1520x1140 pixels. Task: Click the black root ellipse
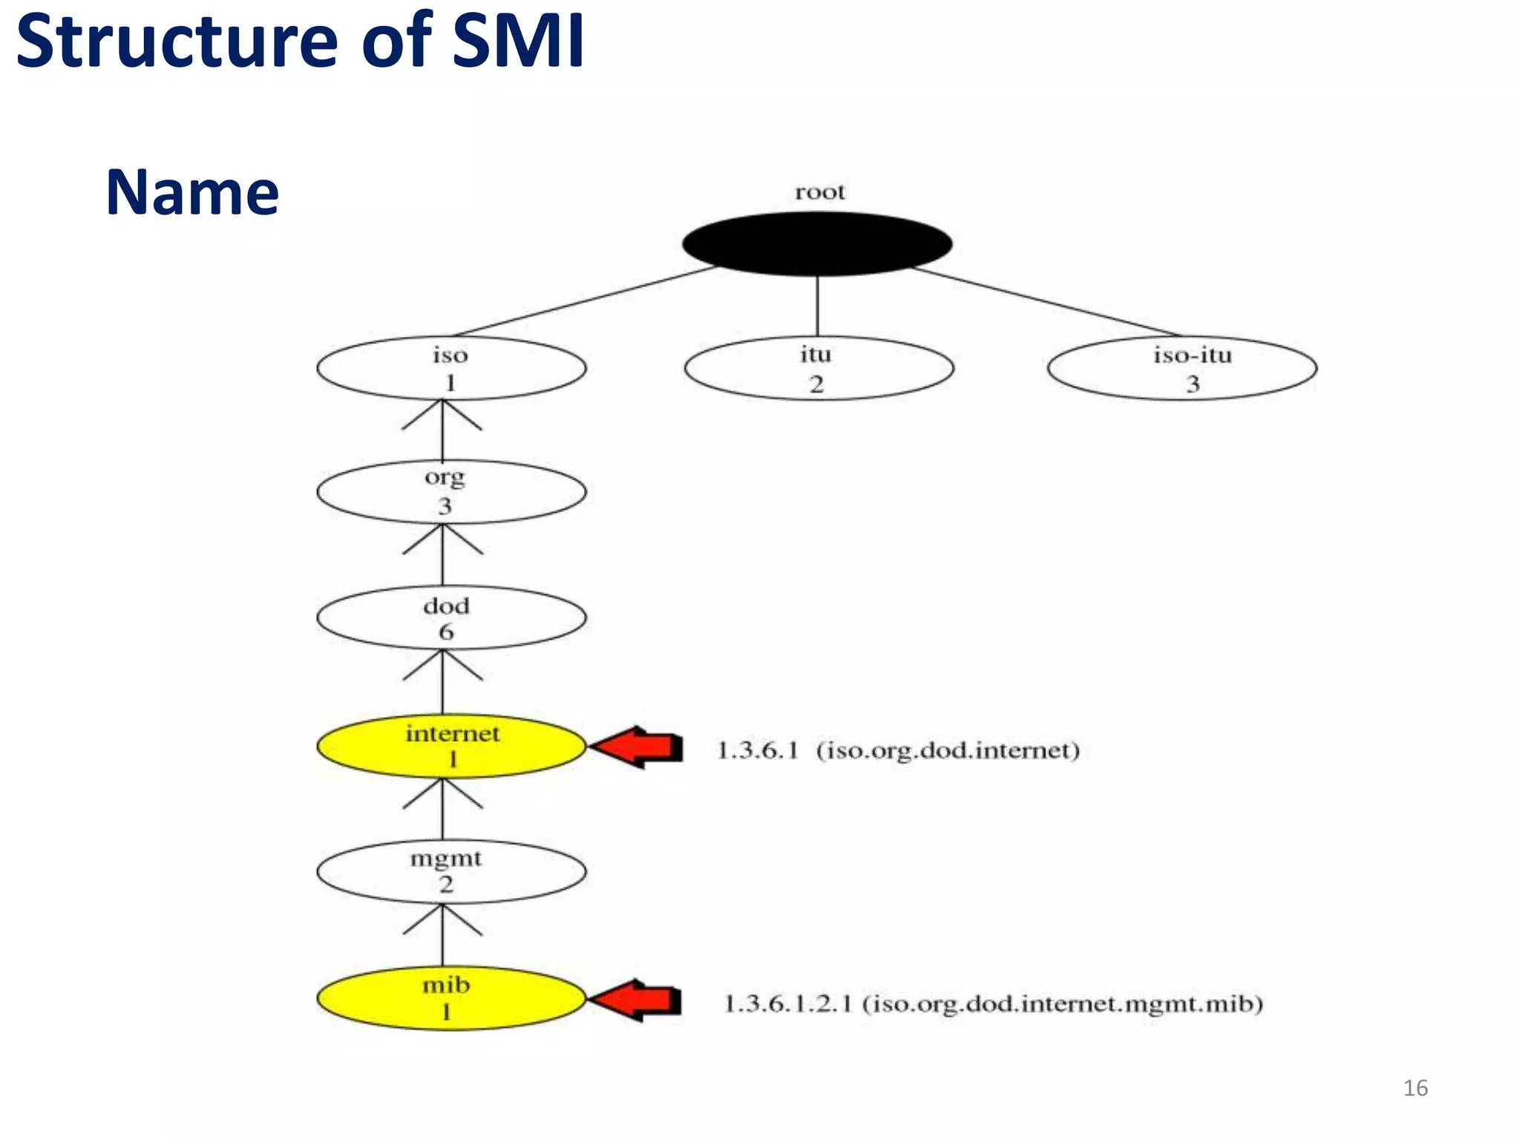(x=816, y=243)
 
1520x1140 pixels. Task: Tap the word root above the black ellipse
(x=819, y=192)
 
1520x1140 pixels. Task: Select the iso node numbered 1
(x=451, y=368)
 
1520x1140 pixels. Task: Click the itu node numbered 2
(x=819, y=369)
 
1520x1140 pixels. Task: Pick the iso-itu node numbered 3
(x=1182, y=369)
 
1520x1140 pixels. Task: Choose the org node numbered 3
(x=451, y=492)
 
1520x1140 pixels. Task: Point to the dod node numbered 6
(x=451, y=617)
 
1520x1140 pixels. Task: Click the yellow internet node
(x=451, y=746)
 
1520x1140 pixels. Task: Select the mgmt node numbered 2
(x=451, y=871)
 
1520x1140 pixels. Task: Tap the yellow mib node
(x=451, y=998)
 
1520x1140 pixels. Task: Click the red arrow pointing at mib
(x=638, y=1000)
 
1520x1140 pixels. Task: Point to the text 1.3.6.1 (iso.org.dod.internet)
(x=897, y=750)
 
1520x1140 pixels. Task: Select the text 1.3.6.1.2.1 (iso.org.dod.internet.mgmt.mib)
(x=993, y=1004)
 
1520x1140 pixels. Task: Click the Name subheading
(x=192, y=192)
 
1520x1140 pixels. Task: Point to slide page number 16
(x=1415, y=1088)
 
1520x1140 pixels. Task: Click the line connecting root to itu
(x=817, y=306)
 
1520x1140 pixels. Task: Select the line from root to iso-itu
(x=1046, y=301)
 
